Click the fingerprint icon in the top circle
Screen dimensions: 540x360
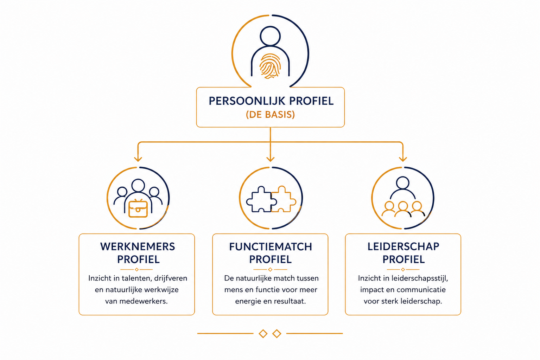[270, 66]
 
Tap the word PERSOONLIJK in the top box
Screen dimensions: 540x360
[247, 101]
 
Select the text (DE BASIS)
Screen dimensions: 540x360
[270, 115]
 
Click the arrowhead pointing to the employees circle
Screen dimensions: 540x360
[138, 159]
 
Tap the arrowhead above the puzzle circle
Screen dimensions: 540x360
[270, 159]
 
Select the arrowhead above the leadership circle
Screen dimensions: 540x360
[403, 159]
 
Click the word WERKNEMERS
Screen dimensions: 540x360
[138, 247]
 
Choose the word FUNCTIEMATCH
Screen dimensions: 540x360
[271, 247]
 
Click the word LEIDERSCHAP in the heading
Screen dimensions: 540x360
[403, 247]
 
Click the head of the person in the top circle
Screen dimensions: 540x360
[270, 36]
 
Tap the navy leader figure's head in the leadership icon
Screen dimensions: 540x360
[402, 183]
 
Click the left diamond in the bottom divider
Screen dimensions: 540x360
[263, 334]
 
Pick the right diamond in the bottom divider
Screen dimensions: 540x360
[277, 334]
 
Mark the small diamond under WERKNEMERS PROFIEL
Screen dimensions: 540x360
[137, 269]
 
